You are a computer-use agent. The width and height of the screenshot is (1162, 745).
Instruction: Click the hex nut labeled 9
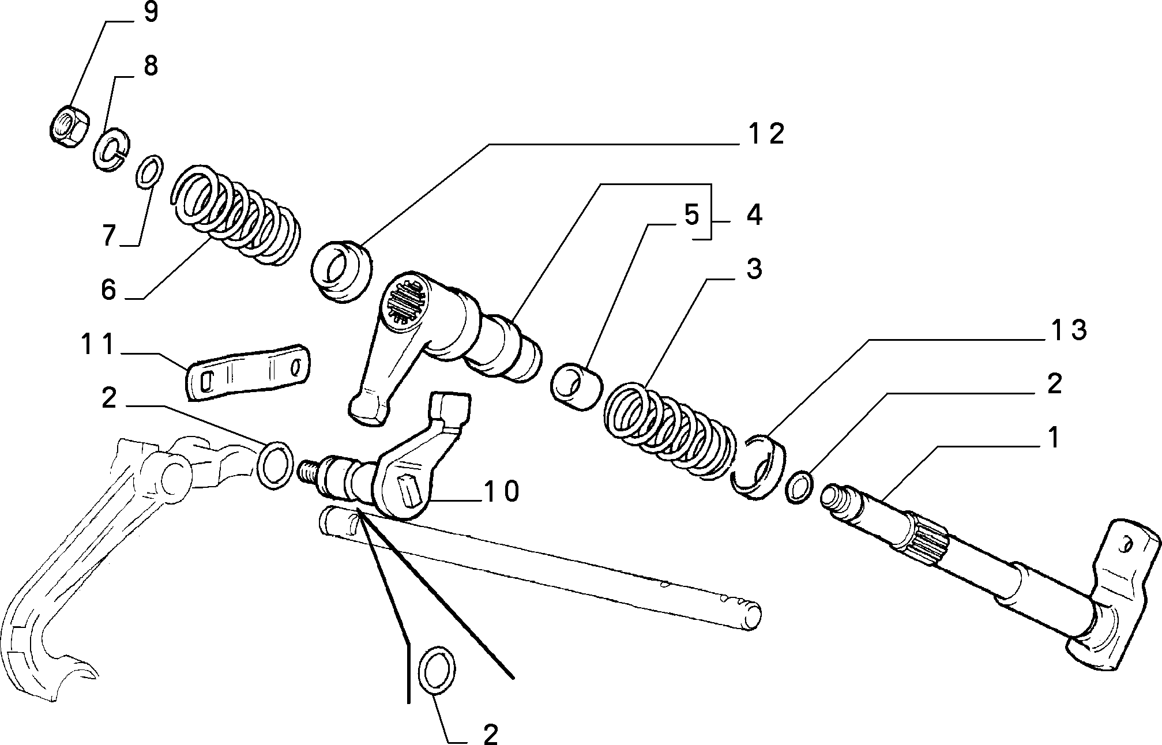tap(68, 121)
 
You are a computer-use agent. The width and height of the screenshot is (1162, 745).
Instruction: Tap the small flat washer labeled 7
tap(149, 171)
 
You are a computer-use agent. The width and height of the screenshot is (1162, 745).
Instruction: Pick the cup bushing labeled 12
tap(341, 272)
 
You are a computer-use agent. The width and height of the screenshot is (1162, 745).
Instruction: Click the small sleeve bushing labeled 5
tap(576, 386)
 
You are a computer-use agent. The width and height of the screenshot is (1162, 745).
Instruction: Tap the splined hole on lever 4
tap(406, 300)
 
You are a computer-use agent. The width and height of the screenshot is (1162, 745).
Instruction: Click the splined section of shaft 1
tap(928, 539)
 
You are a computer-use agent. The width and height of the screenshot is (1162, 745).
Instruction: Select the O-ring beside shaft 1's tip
tap(799, 487)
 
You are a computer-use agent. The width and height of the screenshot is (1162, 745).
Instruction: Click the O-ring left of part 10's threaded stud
tap(274, 465)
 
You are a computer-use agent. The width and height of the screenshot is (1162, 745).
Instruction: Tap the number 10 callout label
tap(501, 491)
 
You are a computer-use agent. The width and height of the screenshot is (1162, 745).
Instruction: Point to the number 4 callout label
tap(754, 215)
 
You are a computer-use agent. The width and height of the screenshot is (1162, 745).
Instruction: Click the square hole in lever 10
tap(410, 486)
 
